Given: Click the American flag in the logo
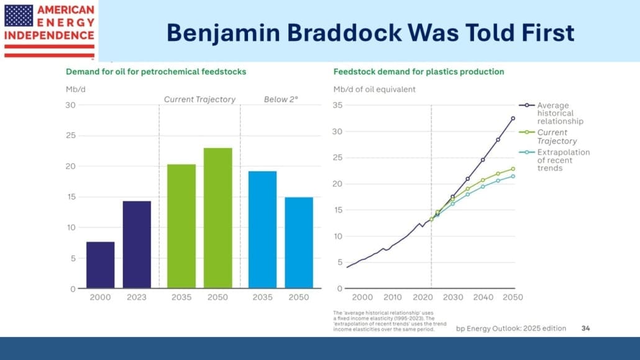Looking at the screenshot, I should tap(19, 15).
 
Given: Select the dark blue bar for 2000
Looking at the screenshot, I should tap(100, 265).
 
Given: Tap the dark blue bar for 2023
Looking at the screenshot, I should tap(137, 245).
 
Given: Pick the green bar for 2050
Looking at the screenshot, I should tap(218, 218).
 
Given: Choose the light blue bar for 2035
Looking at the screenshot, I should tap(262, 229).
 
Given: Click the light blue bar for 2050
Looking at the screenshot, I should tap(299, 242).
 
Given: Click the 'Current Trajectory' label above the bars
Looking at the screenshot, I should tap(199, 99).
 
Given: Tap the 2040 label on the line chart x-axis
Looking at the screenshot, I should tap(483, 297).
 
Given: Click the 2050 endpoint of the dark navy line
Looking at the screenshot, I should tap(513, 118).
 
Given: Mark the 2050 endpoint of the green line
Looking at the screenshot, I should tap(513, 168).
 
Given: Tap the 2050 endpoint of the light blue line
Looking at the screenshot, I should tap(513, 176).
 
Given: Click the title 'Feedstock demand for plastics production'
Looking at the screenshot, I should tap(418, 72).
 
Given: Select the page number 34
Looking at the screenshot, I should tap(586, 328).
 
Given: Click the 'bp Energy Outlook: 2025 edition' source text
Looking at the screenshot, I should tap(511, 328).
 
